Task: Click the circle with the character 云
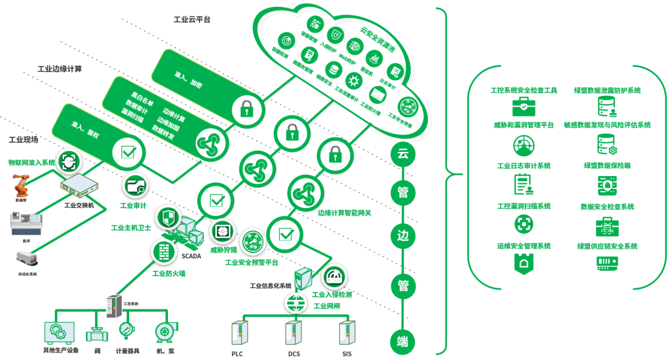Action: pyautogui.click(x=403, y=153)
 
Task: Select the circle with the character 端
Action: pyautogui.click(x=403, y=341)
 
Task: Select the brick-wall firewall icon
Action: pyautogui.click(x=164, y=251)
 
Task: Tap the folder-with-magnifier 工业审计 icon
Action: pyautogui.click(x=136, y=185)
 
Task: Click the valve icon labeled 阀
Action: pyautogui.click(x=96, y=333)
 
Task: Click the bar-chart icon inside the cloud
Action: pyautogui.click(x=374, y=59)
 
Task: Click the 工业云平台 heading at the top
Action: pyautogui.click(x=191, y=20)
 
